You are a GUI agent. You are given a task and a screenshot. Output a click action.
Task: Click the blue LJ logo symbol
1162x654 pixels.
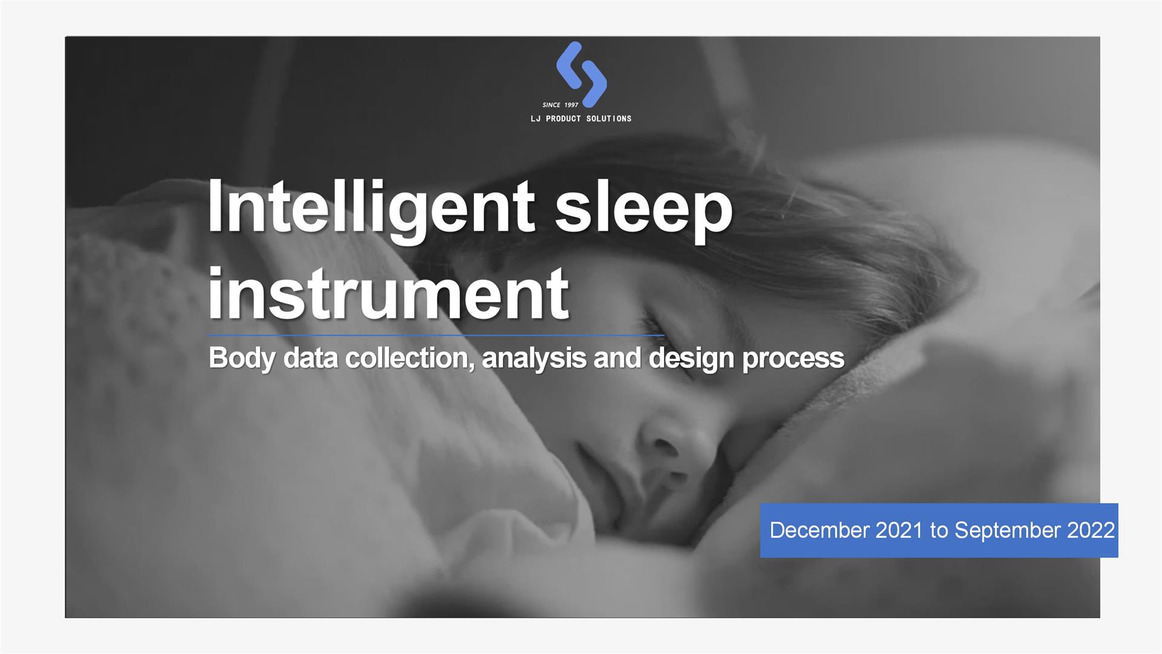pos(581,74)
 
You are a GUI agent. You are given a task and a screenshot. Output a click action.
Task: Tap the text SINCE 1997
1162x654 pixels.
pos(560,105)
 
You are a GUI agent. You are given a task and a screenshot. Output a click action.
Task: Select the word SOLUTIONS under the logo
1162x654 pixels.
pos(609,119)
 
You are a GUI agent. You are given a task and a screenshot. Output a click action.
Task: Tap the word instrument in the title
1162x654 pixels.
pos(389,296)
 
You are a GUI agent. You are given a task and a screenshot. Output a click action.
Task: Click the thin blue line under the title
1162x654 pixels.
pos(436,335)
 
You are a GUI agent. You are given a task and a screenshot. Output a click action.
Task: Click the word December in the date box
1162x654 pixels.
pos(819,530)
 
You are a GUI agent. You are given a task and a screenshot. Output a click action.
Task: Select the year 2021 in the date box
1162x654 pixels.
pos(899,530)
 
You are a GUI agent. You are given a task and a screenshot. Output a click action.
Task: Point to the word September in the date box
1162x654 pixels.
pos(1008,531)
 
